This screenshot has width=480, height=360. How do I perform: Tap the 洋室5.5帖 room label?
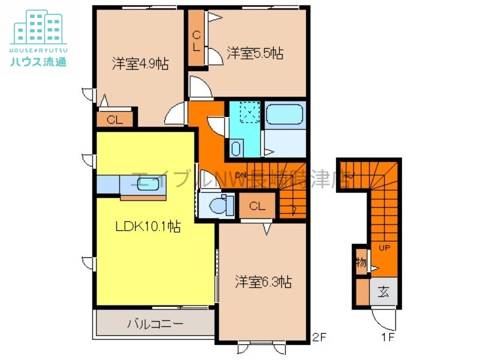[x=255, y=54]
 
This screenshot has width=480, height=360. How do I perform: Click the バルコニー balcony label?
[x=154, y=325]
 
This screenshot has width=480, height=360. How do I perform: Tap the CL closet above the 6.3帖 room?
[x=257, y=207]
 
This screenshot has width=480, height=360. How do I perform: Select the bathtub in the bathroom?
[x=285, y=114]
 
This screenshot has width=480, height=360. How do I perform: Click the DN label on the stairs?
[x=241, y=175]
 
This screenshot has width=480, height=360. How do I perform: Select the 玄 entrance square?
[x=383, y=293]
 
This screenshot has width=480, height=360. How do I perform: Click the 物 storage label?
[x=361, y=262]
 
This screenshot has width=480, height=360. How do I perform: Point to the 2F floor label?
[x=318, y=337]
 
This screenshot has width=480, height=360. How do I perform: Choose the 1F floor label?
[x=388, y=337]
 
